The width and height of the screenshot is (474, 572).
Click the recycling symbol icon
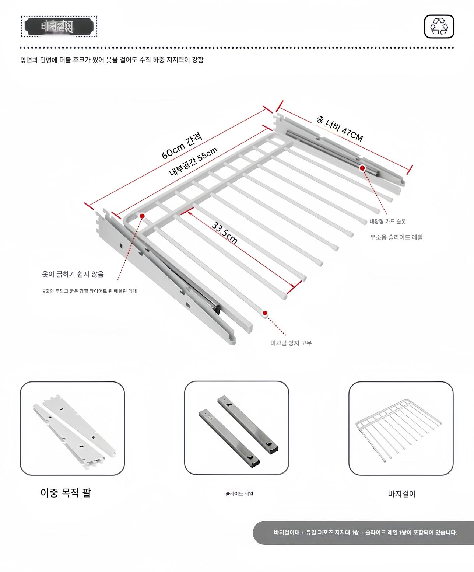[439, 27]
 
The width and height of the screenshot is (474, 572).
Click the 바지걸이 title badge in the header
[59, 27]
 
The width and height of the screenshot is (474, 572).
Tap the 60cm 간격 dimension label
[182, 147]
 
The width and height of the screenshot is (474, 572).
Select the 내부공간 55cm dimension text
[193, 161]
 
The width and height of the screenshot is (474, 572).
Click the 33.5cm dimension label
[225, 233]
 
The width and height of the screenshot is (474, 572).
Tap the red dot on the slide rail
[362, 168]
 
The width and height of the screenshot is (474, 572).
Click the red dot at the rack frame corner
[142, 216]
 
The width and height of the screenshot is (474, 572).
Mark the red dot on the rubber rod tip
[265, 313]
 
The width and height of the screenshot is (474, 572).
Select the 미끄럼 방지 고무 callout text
[291, 343]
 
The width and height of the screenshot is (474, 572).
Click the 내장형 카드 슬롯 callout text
[387, 221]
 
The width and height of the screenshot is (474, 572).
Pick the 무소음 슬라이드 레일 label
[396, 237]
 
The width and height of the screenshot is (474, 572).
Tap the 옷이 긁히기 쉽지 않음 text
[73, 274]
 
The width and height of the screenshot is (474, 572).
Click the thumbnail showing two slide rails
[236, 428]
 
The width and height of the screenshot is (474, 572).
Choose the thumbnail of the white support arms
[72, 428]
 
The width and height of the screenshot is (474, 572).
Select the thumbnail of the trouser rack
[401, 428]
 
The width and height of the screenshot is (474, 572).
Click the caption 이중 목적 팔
[66, 493]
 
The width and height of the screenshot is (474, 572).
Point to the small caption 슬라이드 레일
[239, 493]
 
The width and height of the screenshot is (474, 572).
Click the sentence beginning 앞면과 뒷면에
[112, 60]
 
